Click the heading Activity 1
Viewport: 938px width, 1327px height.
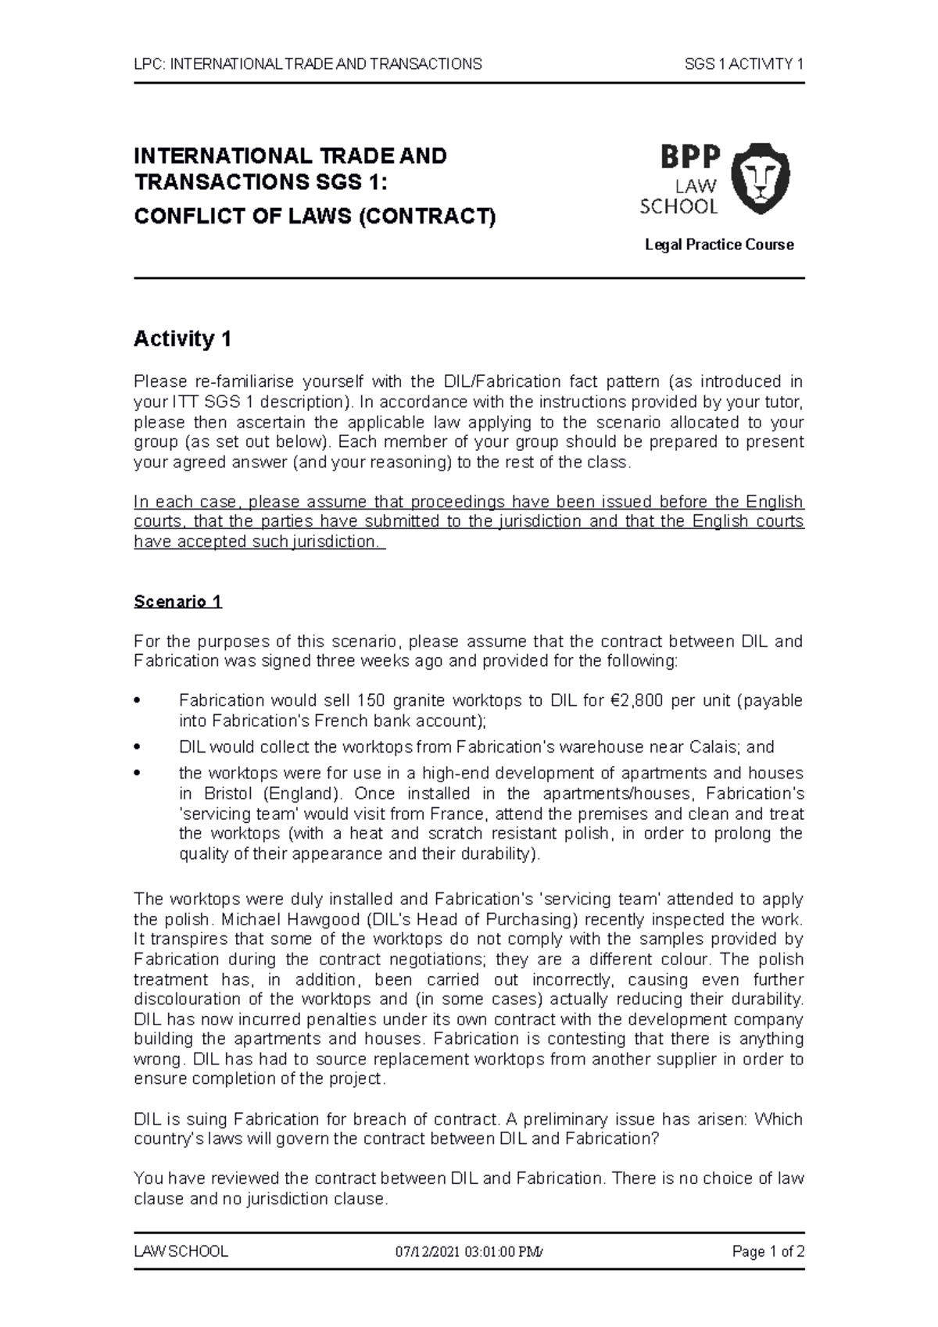coord(183,339)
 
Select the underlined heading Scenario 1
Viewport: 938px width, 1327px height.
coord(178,602)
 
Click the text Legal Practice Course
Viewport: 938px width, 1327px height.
coord(719,245)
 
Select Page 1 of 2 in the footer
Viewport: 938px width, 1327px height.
coord(768,1251)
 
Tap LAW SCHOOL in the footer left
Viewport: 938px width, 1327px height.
coord(181,1251)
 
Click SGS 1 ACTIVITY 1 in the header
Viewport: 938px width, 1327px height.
coord(744,64)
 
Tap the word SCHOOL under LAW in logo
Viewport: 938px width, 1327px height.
coord(678,207)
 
